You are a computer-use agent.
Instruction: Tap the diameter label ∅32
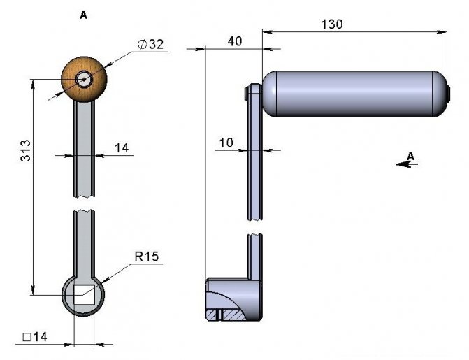150,44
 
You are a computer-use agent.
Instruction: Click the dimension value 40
235,42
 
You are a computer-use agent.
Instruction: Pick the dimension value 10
226,143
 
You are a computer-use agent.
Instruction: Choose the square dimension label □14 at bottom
34,337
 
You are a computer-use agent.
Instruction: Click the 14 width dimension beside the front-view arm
122,148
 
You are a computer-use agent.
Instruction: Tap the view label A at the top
84,15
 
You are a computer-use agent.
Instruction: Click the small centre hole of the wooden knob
85,79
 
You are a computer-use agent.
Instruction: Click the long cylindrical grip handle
353,93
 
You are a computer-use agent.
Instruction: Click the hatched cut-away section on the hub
231,314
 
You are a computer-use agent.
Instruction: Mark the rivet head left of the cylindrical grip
249,92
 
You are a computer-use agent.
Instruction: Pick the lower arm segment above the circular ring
84,241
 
